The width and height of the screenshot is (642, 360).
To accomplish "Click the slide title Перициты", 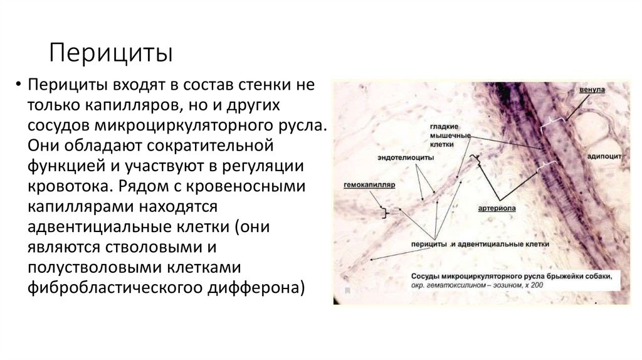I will [x=112, y=53].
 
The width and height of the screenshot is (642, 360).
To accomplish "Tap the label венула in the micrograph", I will [x=592, y=90].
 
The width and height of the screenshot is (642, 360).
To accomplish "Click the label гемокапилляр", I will [x=368, y=186].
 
